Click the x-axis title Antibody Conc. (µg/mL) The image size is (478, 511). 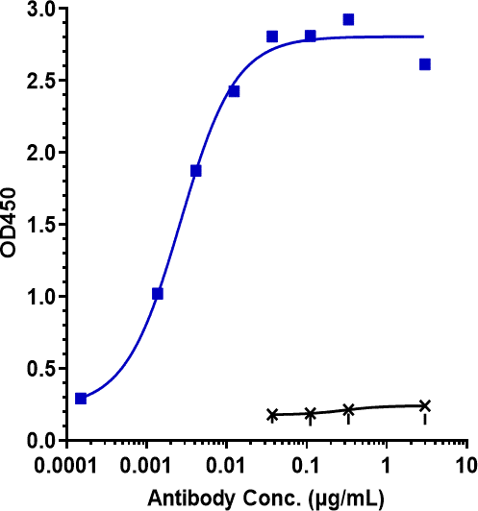265,498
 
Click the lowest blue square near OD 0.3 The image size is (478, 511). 81,399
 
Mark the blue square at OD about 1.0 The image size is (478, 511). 158,294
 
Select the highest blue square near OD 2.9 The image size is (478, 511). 348,19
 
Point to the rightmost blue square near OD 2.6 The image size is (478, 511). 425,64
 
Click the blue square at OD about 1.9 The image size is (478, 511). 196,171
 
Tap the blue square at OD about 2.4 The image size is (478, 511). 234,91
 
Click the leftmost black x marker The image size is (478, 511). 272,415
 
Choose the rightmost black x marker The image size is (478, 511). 425,405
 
